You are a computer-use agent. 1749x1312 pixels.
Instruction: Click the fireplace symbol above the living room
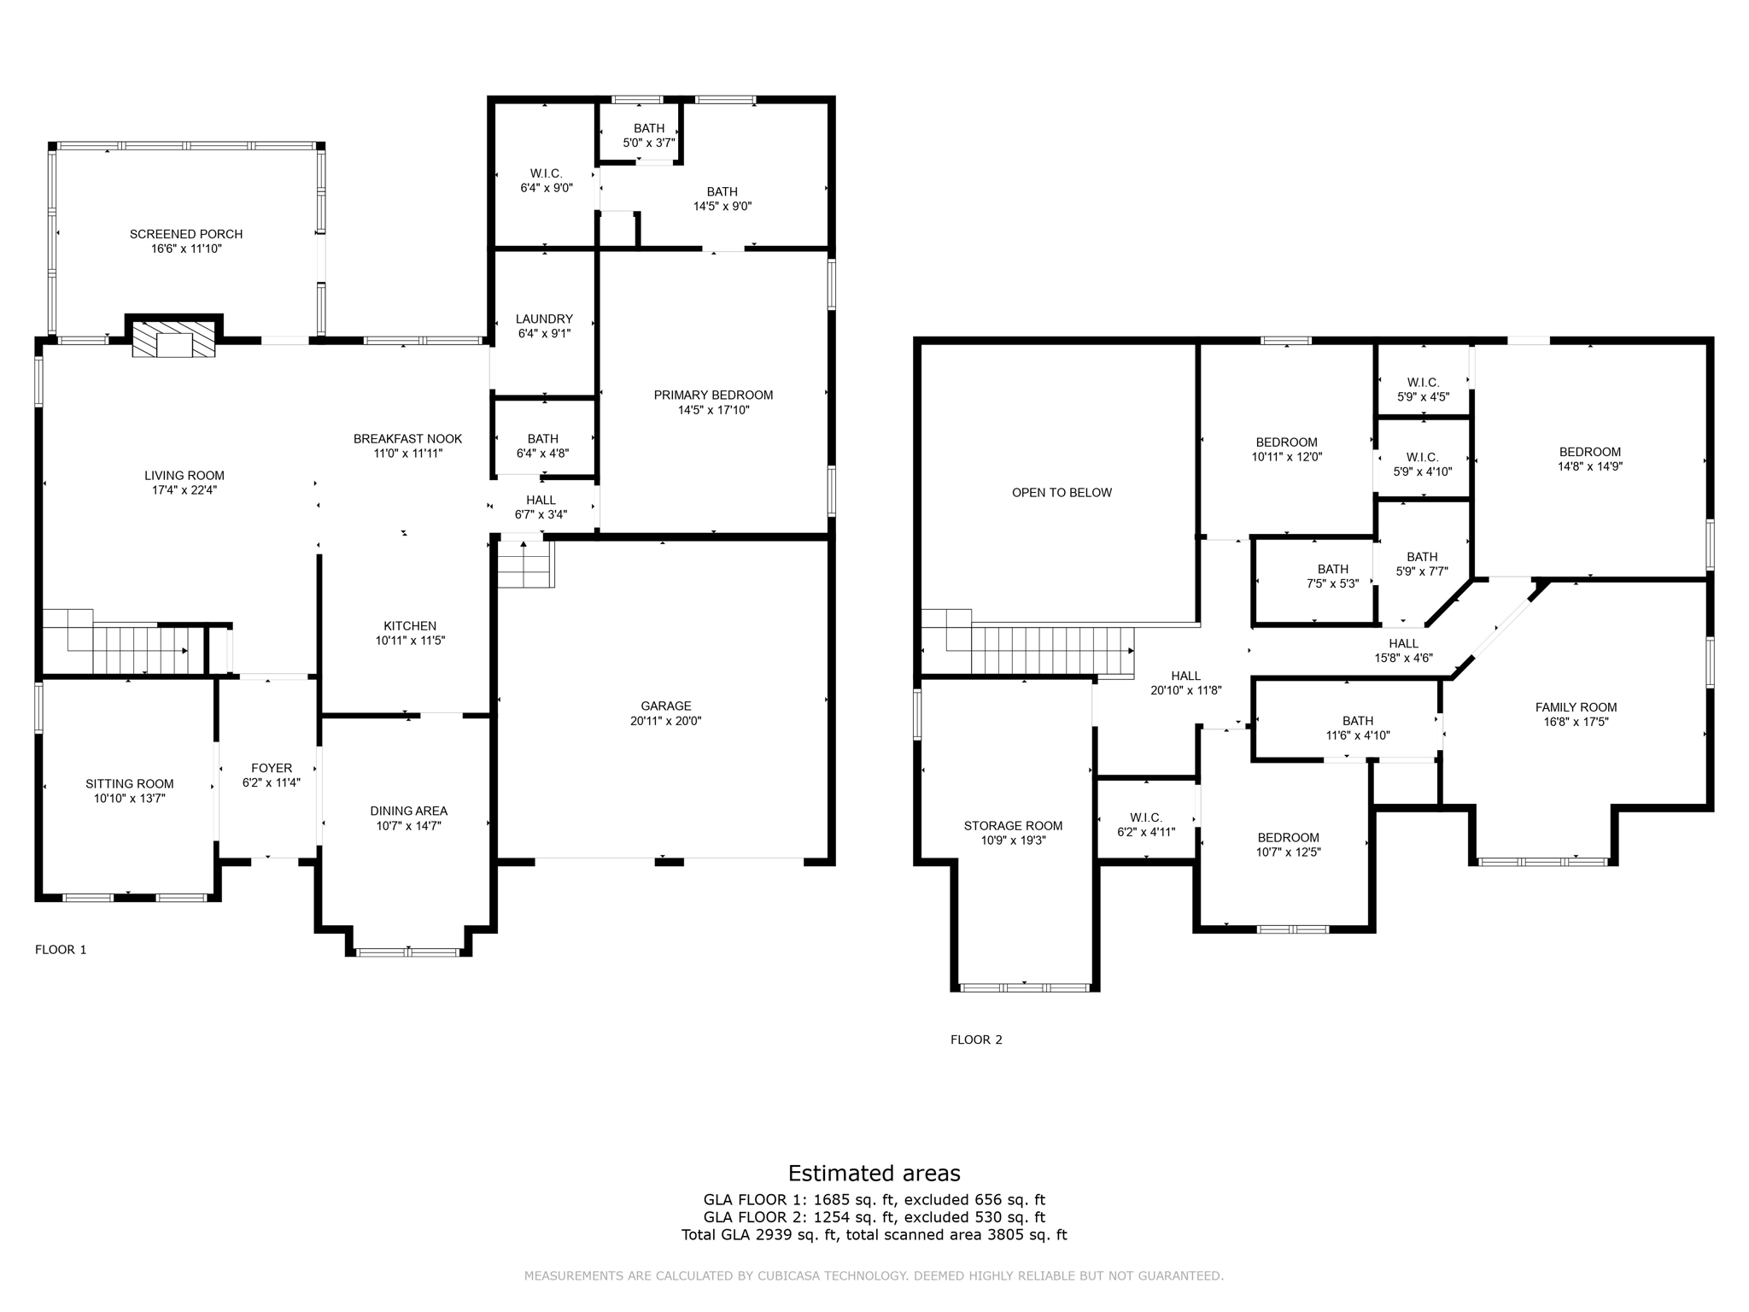tap(174, 339)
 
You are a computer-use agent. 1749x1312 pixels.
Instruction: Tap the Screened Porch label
tap(186, 234)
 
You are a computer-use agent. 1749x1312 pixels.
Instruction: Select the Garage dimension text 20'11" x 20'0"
tap(665, 721)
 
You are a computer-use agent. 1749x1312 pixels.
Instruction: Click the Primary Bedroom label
tap(713, 395)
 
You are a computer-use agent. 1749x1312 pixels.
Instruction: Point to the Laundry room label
tap(544, 319)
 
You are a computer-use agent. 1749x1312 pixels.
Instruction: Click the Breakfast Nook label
tap(407, 439)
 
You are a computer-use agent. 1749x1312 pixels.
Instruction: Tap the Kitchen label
tap(410, 626)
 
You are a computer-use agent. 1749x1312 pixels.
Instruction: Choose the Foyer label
tap(272, 769)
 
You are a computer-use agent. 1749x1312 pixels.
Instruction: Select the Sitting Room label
tap(129, 784)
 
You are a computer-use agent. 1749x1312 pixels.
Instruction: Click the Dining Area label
tap(408, 811)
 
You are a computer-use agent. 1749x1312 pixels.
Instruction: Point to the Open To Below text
tap(1062, 493)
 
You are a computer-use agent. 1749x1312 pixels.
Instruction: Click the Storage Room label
tap(1013, 826)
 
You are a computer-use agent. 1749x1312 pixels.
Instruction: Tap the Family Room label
tap(1576, 707)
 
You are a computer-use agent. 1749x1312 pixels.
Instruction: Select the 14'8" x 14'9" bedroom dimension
tap(1589, 467)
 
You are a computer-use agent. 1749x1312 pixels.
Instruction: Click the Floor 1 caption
tap(61, 950)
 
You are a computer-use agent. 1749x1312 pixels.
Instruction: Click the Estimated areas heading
tap(874, 1174)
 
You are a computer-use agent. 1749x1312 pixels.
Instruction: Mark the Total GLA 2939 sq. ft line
tap(874, 1235)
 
